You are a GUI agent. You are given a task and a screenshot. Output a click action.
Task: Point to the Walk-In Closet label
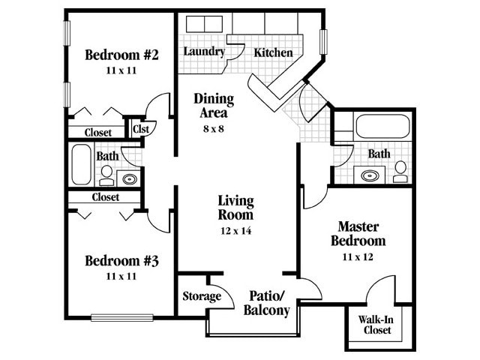[x=377, y=325]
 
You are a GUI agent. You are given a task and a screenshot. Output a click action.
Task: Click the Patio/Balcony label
[x=268, y=302]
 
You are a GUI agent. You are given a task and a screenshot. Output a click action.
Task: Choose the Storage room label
[x=202, y=296]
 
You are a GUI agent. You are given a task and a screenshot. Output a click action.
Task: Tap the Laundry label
[x=204, y=52]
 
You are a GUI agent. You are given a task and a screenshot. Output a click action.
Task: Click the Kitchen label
[x=273, y=52]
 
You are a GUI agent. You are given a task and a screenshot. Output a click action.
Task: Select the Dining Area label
[x=214, y=106]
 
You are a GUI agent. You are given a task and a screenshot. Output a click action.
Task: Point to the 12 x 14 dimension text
[x=235, y=231]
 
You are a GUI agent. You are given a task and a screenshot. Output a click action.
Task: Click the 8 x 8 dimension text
[x=214, y=128]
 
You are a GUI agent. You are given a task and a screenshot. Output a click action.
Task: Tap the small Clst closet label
[x=140, y=128]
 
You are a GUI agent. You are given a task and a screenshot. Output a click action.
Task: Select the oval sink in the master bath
[x=370, y=175]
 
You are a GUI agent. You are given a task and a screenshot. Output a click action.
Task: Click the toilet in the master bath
[x=400, y=172]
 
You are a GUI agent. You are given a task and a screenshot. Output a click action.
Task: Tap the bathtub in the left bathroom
[x=79, y=164]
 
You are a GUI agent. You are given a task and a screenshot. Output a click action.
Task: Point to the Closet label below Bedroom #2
[x=97, y=133]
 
